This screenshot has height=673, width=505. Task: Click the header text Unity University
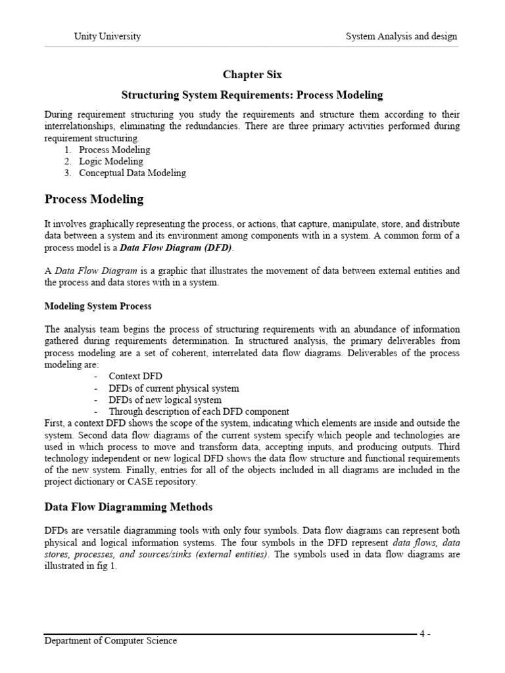click(107, 36)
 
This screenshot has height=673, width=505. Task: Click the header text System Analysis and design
click(401, 36)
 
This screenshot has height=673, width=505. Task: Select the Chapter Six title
click(252, 75)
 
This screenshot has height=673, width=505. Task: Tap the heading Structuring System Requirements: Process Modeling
click(252, 95)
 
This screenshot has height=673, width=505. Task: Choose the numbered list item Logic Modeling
click(110, 162)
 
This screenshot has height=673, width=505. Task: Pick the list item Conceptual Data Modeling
click(132, 174)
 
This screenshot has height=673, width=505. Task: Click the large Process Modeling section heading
click(93, 199)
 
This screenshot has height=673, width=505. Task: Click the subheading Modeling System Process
click(97, 306)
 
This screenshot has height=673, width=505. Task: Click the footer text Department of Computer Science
click(110, 641)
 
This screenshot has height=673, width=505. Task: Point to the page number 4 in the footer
click(424, 634)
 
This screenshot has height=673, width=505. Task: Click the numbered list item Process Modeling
click(114, 150)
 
